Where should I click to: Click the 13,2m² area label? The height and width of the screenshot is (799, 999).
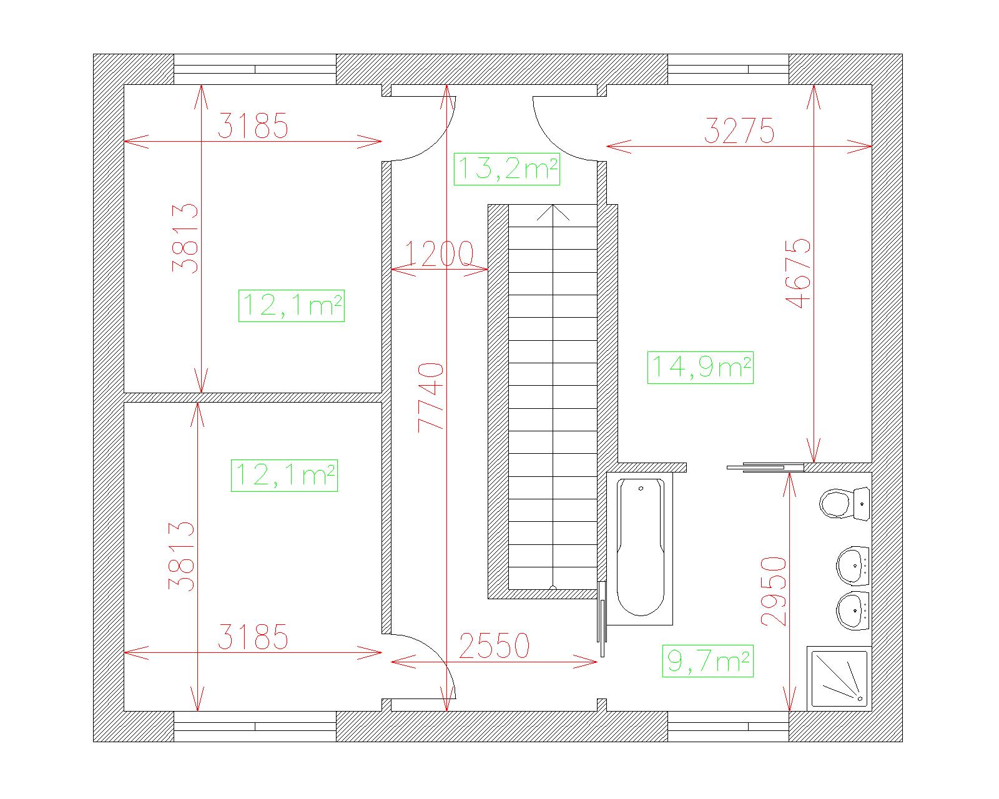click(x=506, y=169)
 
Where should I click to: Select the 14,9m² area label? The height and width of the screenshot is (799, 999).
click(x=700, y=368)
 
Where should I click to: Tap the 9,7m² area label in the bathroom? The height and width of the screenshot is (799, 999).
click(x=707, y=661)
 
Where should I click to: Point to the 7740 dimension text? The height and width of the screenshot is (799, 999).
click(x=431, y=398)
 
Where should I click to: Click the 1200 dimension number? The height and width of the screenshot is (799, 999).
click(x=439, y=253)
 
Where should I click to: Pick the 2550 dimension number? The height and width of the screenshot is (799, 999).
click(x=494, y=646)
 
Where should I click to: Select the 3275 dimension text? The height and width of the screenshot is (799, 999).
click(x=739, y=130)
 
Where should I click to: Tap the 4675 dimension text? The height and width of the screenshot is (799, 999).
click(x=798, y=273)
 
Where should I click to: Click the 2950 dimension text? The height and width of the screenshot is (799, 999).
click(x=774, y=592)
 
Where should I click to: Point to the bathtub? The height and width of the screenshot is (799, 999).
click(x=641, y=548)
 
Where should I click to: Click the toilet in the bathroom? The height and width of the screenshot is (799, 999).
click(x=844, y=504)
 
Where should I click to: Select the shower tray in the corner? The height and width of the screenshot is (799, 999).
click(x=839, y=679)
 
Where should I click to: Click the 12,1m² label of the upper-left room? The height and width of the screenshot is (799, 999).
click(x=292, y=305)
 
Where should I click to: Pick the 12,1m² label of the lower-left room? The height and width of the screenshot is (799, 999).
click(x=284, y=476)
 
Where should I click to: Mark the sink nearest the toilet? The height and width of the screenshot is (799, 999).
click(x=852, y=566)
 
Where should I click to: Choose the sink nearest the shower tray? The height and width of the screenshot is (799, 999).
click(x=852, y=610)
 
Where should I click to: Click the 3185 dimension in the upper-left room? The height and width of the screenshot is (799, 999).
click(x=253, y=125)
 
